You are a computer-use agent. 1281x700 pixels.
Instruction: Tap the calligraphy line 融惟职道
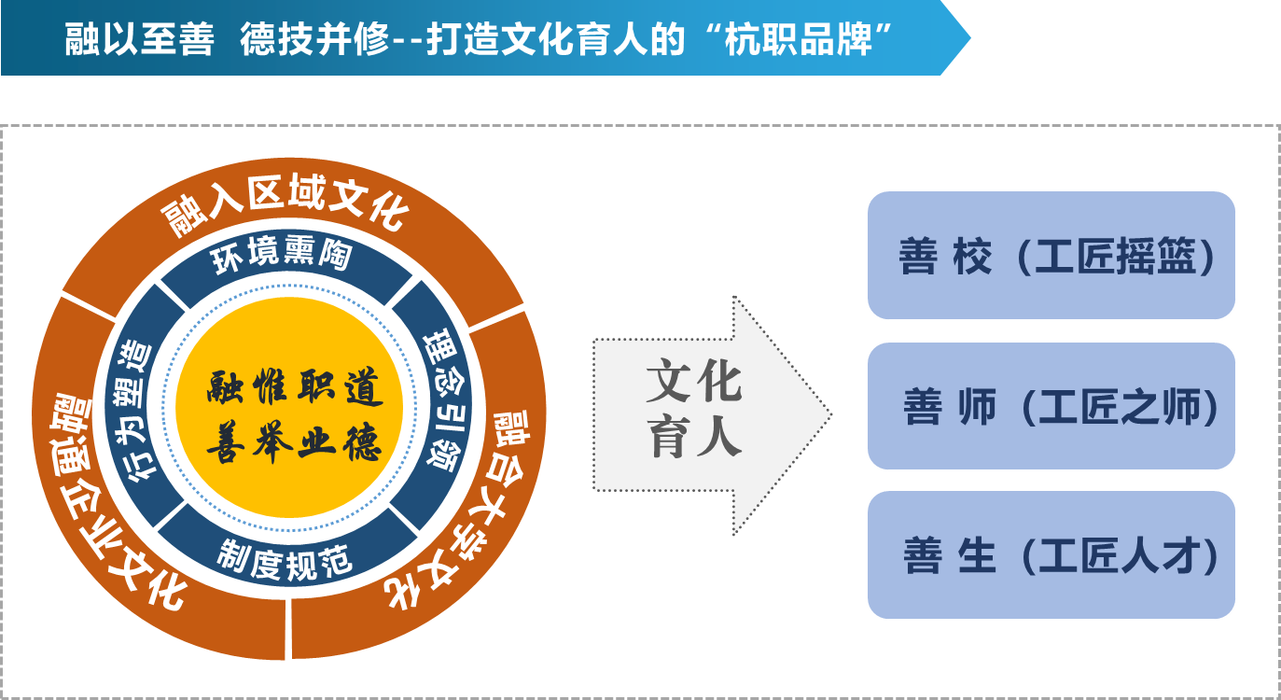pos(295,388)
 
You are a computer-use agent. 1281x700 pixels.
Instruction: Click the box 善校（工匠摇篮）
pos(1051,256)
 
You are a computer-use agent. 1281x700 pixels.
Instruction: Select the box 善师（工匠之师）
pos(1051,406)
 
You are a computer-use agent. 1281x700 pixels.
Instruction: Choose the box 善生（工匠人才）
pos(1051,555)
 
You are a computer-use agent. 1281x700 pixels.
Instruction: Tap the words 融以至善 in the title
pos(140,40)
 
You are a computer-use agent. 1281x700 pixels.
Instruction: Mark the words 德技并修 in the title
pos(313,40)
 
